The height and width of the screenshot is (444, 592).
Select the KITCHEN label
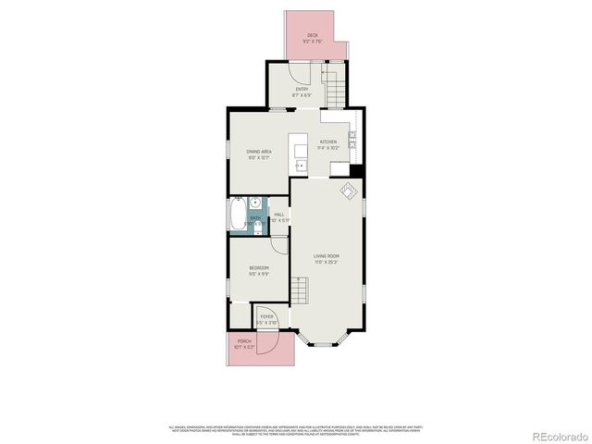coord(328,142)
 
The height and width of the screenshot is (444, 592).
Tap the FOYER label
coord(266,317)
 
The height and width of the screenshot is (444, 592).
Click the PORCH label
coord(245,342)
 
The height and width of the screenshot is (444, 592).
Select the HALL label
coord(278,215)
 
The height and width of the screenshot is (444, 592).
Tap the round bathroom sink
coord(255,203)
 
